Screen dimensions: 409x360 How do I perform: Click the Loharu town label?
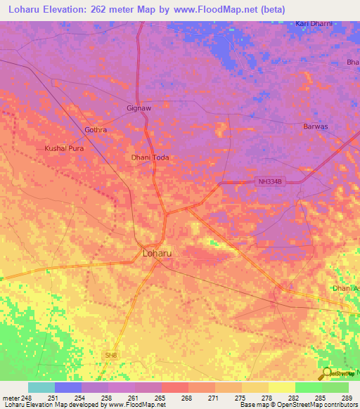(x=157, y=252)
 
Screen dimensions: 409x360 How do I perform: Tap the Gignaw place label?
(x=139, y=109)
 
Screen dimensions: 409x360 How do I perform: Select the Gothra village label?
(x=96, y=130)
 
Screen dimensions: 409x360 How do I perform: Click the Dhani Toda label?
(x=150, y=157)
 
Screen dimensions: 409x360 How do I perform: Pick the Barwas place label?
(x=315, y=126)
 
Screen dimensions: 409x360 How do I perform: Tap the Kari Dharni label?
(x=313, y=24)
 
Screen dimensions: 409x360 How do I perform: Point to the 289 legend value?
(x=348, y=397)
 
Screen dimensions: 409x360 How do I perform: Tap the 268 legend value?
(x=188, y=397)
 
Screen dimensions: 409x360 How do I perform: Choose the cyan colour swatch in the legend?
(x=41, y=387)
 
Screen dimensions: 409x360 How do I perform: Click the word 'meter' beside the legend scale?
(x=11, y=397)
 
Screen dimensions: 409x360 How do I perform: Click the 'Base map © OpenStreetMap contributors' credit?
(x=298, y=405)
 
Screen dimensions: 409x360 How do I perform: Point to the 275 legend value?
(x=241, y=397)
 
